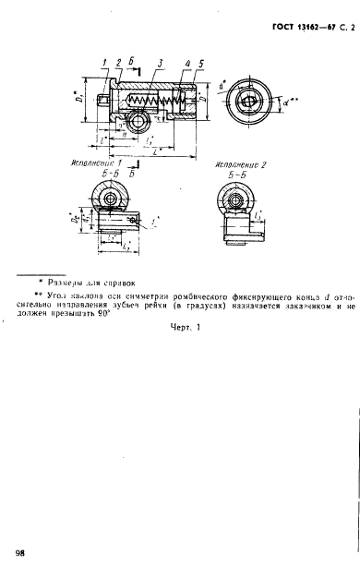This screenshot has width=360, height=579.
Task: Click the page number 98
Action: point(21,551)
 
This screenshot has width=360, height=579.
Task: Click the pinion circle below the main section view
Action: point(138,121)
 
